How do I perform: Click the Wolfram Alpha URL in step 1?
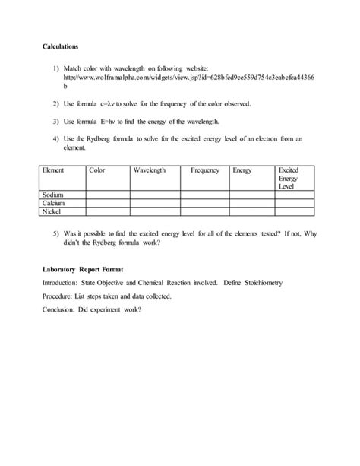[190, 78]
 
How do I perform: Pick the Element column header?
[54, 171]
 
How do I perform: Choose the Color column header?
[97, 171]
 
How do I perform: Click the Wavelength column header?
[150, 171]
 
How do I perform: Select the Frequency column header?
[205, 171]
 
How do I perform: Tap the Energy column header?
[243, 171]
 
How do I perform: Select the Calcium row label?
[55, 204]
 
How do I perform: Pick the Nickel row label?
[52, 212]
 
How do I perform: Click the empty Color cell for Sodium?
[107, 195]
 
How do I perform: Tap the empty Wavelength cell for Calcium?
[158, 204]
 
